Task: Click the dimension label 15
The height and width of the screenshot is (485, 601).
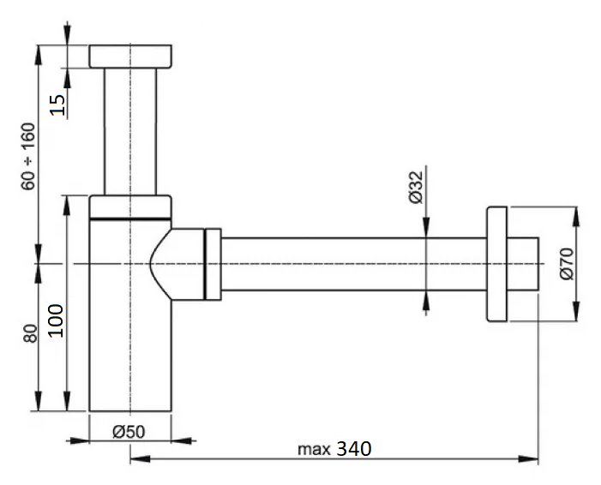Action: tap(58, 105)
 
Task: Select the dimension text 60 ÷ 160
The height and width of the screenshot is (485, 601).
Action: tap(28, 156)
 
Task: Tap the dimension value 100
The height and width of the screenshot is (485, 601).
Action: tap(56, 320)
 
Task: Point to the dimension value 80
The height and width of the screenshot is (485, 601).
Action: tap(30, 333)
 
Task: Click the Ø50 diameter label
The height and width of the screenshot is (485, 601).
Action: tap(129, 432)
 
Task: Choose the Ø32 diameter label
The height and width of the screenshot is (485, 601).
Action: tap(416, 187)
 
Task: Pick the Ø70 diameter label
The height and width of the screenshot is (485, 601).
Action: tap(567, 264)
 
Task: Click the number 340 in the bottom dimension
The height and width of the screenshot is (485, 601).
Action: tap(354, 449)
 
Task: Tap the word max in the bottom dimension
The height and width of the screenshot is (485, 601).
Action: tap(314, 449)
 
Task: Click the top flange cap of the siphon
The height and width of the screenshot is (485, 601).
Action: tap(130, 57)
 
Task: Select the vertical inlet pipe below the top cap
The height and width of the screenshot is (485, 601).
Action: tap(130, 131)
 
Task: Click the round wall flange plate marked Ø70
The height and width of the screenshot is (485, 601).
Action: tap(496, 264)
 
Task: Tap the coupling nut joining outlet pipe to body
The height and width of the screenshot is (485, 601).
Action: tap(213, 264)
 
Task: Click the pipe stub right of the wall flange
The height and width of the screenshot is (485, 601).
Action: tap(522, 264)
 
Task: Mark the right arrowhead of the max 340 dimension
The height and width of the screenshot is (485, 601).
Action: tap(528, 458)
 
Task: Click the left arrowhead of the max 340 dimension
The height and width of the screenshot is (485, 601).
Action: tap(141, 458)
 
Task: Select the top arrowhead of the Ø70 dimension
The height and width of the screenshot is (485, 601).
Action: tap(575, 217)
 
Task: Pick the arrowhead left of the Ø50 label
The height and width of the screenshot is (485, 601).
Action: tap(79, 441)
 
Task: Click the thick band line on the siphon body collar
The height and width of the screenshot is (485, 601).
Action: tap(130, 219)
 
